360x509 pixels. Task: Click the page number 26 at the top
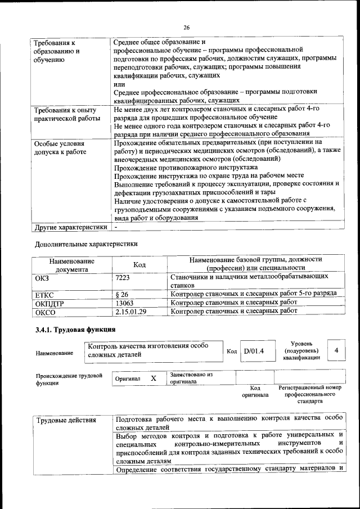coord(186,26)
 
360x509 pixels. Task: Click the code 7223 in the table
coord(123,277)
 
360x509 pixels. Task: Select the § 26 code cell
coord(121,294)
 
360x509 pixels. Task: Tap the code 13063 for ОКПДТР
coord(124,303)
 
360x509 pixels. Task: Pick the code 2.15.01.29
coord(130,311)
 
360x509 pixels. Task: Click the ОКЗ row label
coord(42,277)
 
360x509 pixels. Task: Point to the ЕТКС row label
coord(44,294)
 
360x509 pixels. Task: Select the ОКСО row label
coord(45,312)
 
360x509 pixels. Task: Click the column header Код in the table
coord(139,264)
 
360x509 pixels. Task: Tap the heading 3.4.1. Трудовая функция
coord(75,329)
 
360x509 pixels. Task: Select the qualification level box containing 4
coord(336,351)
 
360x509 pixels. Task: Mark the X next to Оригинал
coord(153,379)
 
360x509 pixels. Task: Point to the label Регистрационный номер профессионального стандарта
coord(310,395)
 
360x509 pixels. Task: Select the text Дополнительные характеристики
coord(86,244)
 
